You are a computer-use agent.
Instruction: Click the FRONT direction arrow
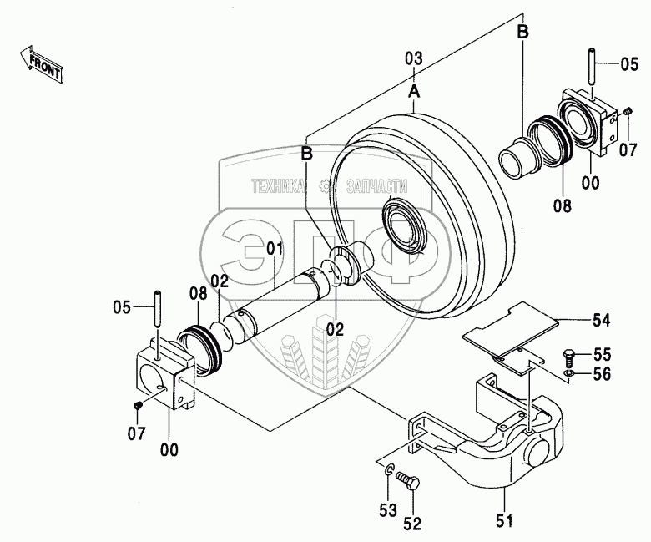coord(41,63)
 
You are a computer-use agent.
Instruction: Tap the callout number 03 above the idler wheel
coord(413,59)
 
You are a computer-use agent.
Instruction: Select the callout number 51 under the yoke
coord(504,520)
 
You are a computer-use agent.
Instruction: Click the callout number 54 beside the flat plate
coord(601,320)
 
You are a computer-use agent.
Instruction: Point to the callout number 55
coord(602,354)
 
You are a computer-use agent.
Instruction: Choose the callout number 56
coord(602,374)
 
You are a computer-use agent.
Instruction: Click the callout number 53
coord(388,510)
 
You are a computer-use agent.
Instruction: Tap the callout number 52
coord(412,524)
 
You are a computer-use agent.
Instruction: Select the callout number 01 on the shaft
coord(275,248)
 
